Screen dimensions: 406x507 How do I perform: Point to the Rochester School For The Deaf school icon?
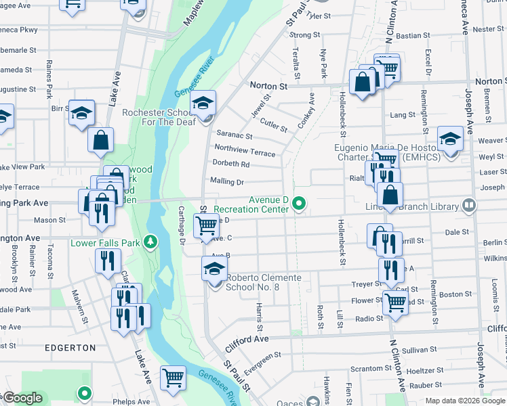(203, 104)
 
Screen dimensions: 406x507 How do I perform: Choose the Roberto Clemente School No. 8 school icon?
(214, 269)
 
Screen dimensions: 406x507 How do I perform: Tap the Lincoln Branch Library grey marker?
(468, 204)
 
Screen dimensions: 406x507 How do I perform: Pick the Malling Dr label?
(226, 181)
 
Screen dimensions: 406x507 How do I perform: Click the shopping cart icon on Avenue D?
(206, 225)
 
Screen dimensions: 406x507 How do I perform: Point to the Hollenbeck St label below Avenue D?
(342, 242)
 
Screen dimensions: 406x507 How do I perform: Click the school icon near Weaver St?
(450, 139)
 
